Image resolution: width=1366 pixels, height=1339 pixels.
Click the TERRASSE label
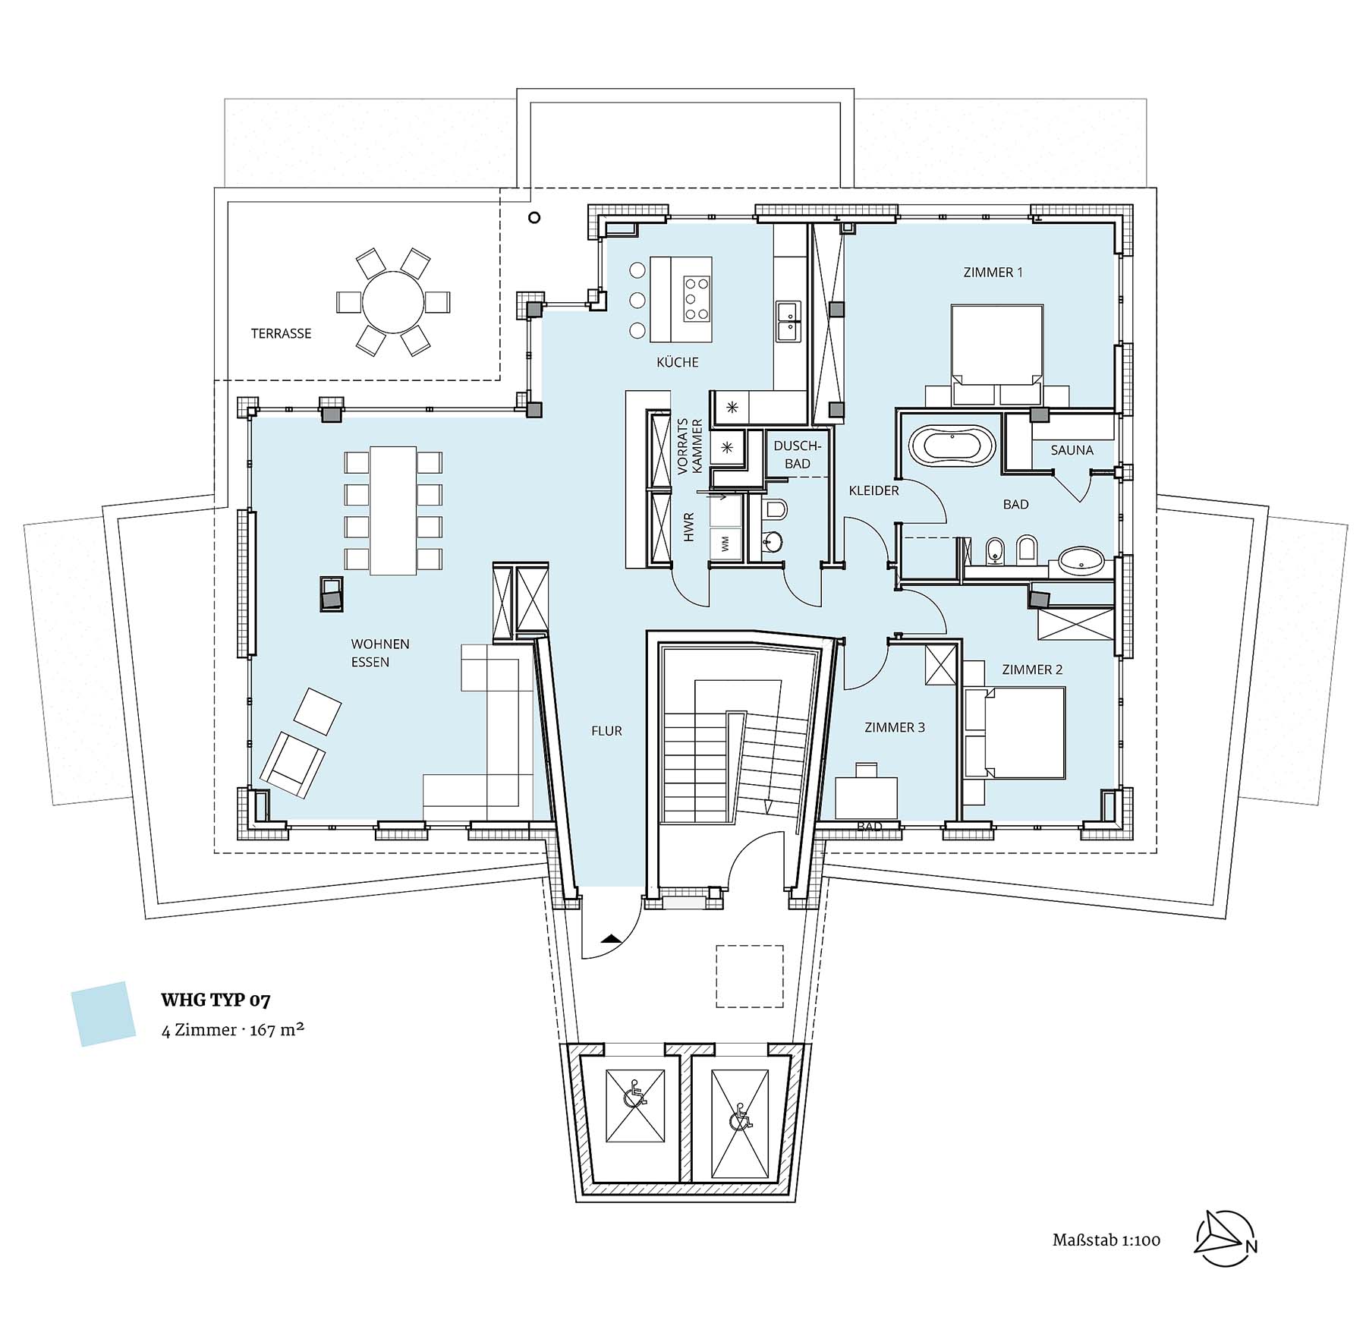281,333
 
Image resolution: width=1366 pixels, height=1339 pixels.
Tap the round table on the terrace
393,302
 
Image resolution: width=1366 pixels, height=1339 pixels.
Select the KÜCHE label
678,362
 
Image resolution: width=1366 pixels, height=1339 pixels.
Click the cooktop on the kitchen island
697,298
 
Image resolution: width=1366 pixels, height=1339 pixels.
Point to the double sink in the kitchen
787,321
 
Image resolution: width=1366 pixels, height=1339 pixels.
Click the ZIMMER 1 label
993,272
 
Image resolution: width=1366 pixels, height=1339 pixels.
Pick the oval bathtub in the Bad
952,445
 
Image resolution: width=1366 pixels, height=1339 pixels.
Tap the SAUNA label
1072,450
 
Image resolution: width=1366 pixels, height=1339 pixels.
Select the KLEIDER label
873,490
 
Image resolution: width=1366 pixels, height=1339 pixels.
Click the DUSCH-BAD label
797,455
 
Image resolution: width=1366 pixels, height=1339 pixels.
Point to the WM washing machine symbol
725,543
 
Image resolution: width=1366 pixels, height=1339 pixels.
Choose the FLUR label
606,731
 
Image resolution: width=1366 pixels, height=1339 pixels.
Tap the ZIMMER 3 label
895,727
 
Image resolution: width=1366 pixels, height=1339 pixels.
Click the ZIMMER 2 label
1032,669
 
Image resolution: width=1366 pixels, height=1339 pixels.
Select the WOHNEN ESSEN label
380,653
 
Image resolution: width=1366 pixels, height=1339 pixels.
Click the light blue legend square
103,1014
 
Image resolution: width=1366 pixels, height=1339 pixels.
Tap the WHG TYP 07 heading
216,1000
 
